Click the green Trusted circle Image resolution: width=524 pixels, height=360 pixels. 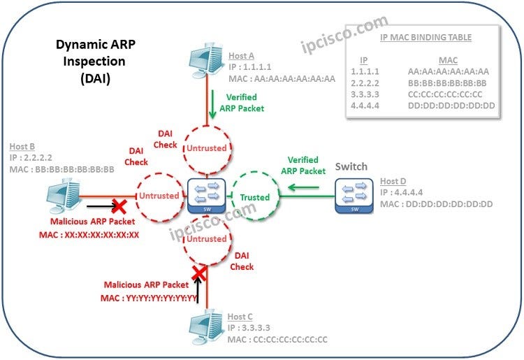[255, 197]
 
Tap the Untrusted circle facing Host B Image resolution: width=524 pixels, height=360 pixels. [159, 196]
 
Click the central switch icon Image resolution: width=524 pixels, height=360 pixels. [206, 196]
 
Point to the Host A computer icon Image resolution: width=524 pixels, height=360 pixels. [207, 62]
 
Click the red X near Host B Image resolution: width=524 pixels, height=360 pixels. [119, 206]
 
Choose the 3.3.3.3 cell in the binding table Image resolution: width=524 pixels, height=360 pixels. [365, 94]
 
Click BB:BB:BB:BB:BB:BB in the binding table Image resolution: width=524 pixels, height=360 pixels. [448, 82]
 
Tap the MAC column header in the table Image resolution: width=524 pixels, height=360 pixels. [447, 60]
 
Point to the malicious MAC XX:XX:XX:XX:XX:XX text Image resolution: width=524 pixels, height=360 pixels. [89, 235]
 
